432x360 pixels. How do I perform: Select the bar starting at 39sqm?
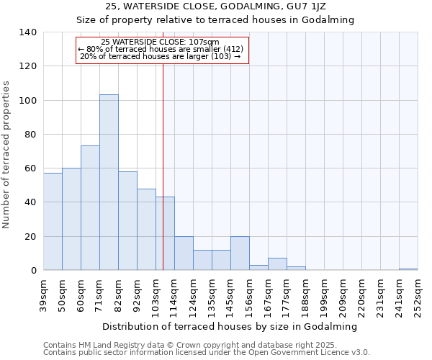(x=53, y=221)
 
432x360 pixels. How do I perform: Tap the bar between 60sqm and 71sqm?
(x=90, y=207)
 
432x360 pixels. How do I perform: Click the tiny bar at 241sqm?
(x=408, y=269)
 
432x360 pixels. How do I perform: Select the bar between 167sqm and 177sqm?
(x=277, y=264)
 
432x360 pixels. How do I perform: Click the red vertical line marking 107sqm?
(x=163, y=144)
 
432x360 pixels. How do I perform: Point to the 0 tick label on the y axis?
(x=33, y=271)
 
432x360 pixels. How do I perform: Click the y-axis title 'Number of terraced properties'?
(x=6, y=155)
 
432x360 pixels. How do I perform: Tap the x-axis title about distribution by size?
(x=230, y=326)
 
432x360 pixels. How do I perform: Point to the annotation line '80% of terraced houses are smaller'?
(x=161, y=49)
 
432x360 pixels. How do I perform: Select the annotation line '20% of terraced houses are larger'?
(x=161, y=56)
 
